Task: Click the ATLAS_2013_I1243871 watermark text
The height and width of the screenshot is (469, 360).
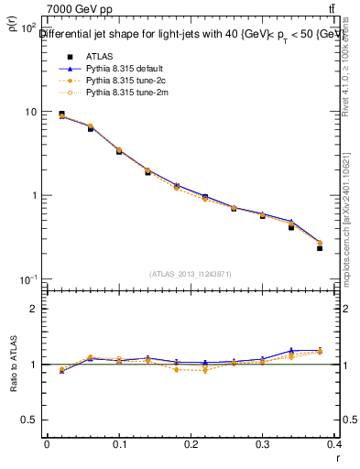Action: (191, 274)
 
